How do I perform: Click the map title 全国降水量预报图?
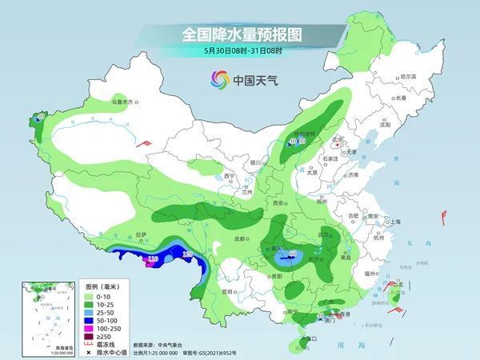(x=240, y=34)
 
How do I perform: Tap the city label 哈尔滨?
(x=408, y=76)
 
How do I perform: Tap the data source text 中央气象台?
(x=176, y=345)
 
